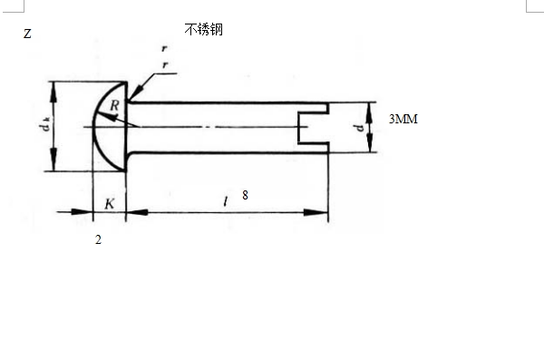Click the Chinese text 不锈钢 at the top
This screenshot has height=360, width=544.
click(204, 30)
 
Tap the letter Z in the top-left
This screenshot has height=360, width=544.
click(27, 34)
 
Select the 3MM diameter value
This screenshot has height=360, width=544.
click(403, 119)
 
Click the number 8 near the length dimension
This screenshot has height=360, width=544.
click(246, 195)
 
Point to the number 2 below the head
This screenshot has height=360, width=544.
click(98, 239)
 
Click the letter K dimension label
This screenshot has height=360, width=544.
click(110, 203)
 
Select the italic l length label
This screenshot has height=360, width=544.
click(226, 201)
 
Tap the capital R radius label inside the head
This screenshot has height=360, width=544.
click(114, 105)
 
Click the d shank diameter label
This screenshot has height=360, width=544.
click(359, 128)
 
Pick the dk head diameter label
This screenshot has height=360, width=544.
click(45, 124)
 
